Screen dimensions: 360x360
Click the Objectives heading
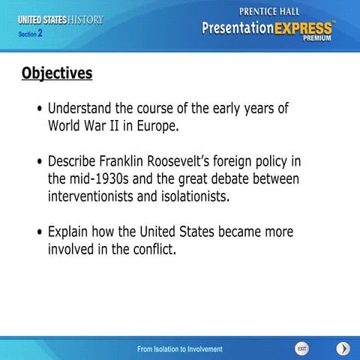tap(57, 73)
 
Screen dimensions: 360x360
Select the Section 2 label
tap(31, 34)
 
